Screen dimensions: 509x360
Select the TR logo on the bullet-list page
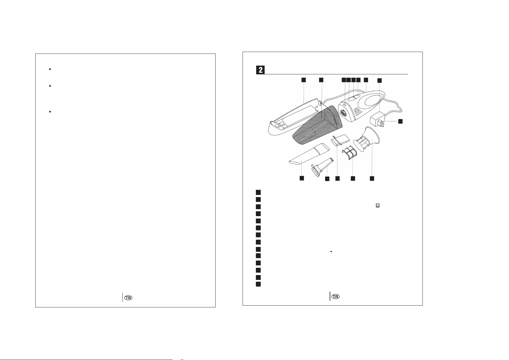128,298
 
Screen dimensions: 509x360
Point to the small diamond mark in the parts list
331,251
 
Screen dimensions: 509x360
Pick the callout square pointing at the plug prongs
400,121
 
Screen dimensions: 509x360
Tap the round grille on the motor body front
343,114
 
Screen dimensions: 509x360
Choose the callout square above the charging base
303,80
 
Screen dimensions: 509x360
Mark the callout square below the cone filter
372,179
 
